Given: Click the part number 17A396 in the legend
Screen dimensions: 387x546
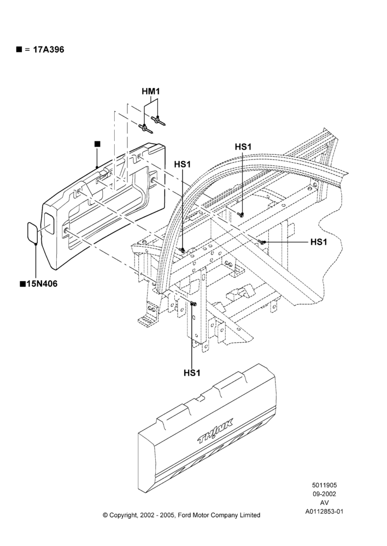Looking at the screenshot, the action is pos(49,50).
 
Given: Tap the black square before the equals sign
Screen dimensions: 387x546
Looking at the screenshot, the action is pos(19,50).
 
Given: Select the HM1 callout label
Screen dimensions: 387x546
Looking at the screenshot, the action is pos(151,92).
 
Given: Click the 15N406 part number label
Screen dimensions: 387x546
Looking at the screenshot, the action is pos(42,284).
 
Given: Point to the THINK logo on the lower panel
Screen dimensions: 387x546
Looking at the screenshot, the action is pos(215,431).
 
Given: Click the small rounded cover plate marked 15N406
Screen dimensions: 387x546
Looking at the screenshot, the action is pos(33,232).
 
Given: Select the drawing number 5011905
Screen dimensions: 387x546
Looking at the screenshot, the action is pos(324,485).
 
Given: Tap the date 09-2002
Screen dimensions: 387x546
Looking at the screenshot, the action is pos(324,494).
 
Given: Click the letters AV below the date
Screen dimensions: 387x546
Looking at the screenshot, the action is pos(324,503).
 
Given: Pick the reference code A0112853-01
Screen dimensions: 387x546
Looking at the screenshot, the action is pos(324,512).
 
